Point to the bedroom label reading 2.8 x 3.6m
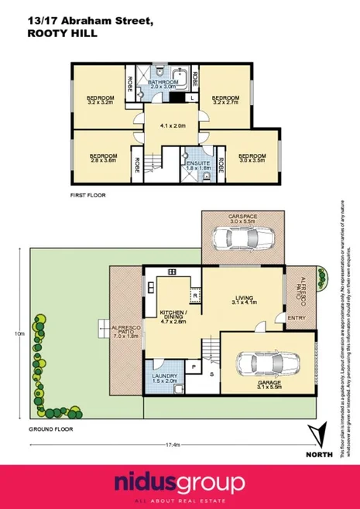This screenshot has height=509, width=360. pos(102,157)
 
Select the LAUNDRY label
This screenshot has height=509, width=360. pos(163,379)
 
